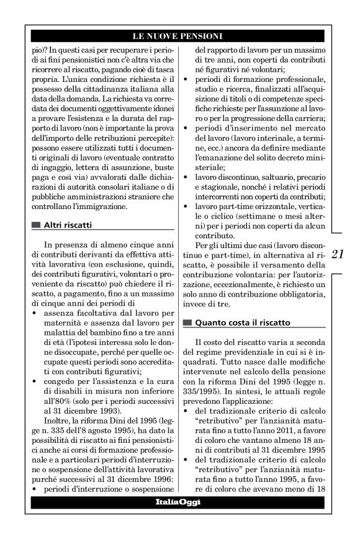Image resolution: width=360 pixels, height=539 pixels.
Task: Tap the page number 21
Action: [x=338, y=253]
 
